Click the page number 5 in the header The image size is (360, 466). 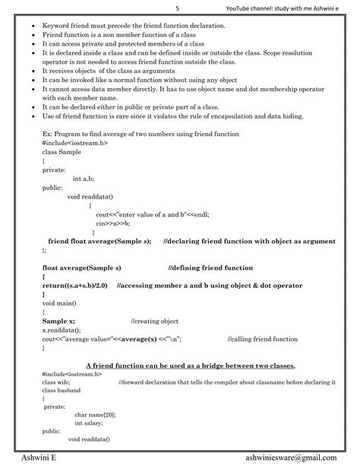178,8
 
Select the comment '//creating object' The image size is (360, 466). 155,322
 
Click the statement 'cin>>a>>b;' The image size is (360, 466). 112,223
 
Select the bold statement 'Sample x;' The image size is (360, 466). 58,322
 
